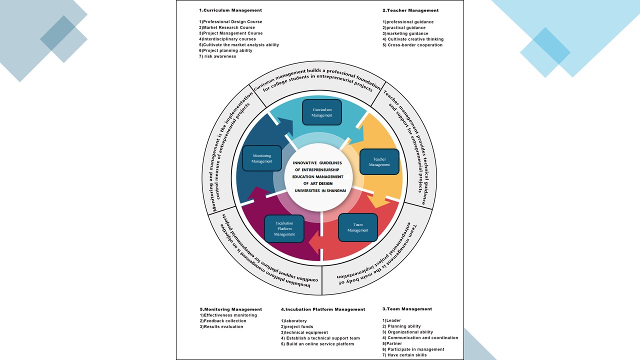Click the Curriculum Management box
[321, 112]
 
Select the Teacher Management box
[379, 162]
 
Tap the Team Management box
[357, 227]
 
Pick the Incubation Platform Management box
[284, 228]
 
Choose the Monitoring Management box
[261, 158]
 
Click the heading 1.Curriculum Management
[230, 10]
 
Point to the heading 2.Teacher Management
[410, 10]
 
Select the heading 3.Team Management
[407, 309]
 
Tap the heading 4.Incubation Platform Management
[323, 309]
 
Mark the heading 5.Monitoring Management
[230, 309]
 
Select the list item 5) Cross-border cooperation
[412, 45]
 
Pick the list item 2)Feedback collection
[223, 321]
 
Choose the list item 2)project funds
[297, 327]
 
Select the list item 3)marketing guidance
[405, 33]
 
